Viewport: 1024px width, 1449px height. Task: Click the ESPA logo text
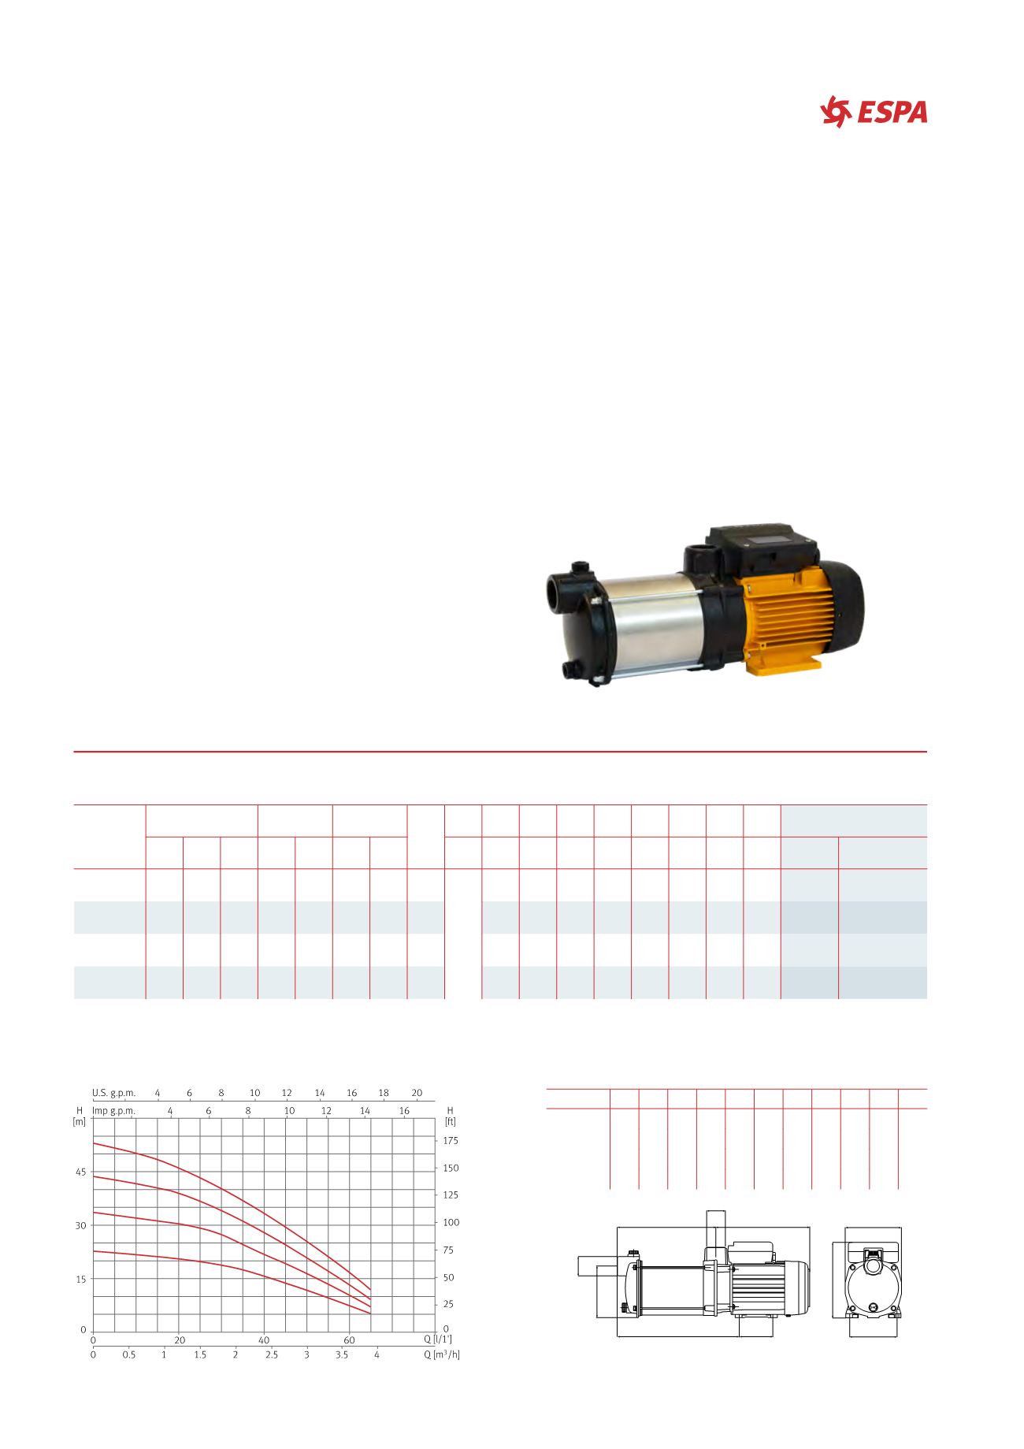(892, 113)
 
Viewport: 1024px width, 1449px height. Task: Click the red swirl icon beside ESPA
(837, 112)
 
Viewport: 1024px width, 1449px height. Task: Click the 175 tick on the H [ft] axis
(451, 1140)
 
